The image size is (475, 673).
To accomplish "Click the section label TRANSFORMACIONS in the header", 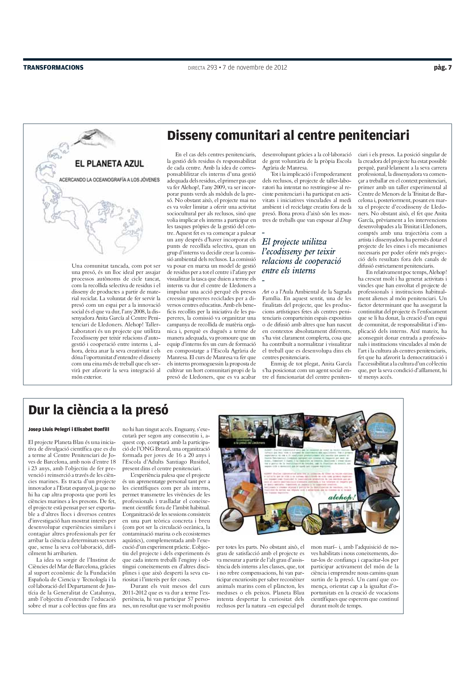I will [x=53, y=68].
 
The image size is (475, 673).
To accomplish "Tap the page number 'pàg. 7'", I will [x=443, y=68].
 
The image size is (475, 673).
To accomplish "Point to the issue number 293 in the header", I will [x=212, y=68].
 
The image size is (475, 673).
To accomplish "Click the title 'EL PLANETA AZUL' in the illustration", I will [x=109, y=163].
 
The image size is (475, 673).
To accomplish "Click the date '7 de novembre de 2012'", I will [x=255, y=68].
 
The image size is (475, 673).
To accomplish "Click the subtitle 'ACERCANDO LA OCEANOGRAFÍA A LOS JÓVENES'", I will [x=109, y=180].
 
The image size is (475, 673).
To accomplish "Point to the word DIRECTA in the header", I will [x=196, y=68].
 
